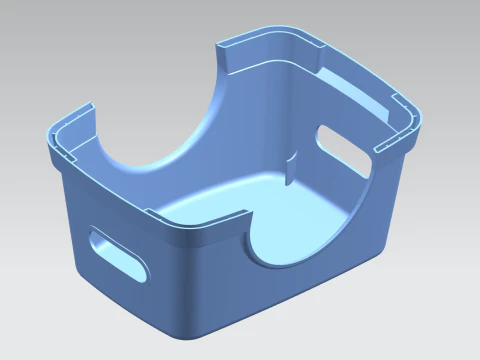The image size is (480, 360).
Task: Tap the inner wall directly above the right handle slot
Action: pyautogui.click(x=345, y=115)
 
